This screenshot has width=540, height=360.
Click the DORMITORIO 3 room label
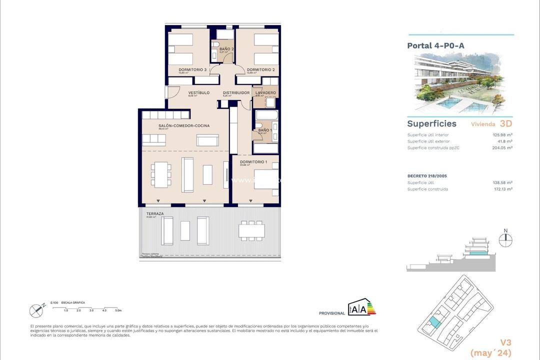click(192, 69)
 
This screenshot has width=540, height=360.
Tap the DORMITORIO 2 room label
click(260, 69)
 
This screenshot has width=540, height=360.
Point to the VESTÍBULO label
click(198, 92)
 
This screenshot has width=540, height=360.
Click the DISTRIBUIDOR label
click(236, 92)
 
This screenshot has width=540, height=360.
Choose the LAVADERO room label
click(265, 92)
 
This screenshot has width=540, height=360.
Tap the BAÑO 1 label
click(265, 130)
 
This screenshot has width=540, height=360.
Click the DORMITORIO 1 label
click(253, 161)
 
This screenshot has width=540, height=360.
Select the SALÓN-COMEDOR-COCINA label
click(184, 125)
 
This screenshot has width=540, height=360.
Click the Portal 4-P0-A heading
click(435, 45)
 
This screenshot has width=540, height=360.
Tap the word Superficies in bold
click(431, 123)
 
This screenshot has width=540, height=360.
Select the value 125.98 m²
click(502, 135)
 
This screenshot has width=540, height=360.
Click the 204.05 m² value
click(502, 147)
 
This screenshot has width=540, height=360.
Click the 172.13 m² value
click(502, 189)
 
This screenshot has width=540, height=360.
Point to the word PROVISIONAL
click(331, 313)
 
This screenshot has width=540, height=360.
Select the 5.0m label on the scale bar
click(118, 310)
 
